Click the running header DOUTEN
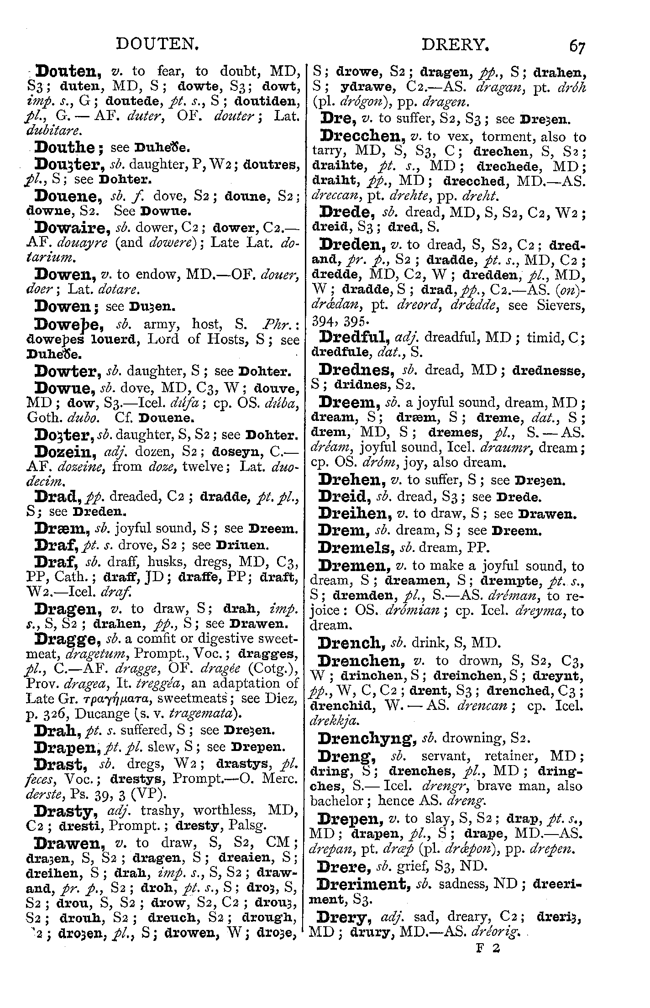point(157,44)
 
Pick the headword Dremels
point(356,547)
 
